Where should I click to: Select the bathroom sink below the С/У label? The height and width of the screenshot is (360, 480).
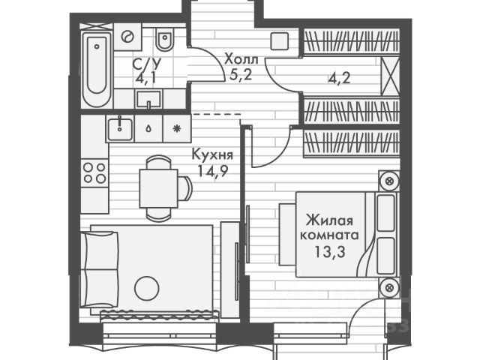tap(145, 97)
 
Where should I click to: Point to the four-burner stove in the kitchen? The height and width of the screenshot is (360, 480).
tap(94, 172)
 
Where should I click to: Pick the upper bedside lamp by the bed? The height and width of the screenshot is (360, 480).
tap(388, 181)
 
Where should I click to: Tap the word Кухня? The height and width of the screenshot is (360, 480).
tap(212, 155)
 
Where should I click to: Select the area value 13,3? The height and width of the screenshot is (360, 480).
tap(331, 251)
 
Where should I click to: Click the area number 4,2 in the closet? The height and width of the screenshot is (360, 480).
tap(336, 75)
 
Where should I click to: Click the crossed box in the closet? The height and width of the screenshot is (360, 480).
tap(389, 75)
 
